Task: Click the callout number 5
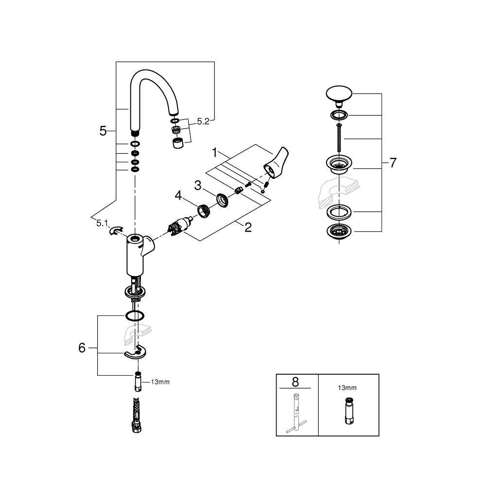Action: point(103,131)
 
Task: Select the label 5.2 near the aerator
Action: point(203,122)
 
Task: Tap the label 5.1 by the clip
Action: point(102,223)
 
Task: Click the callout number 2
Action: point(248,226)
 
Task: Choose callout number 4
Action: point(179,196)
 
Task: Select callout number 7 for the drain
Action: point(393,163)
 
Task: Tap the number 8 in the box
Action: point(295,382)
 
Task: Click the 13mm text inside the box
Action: point(347,388)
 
